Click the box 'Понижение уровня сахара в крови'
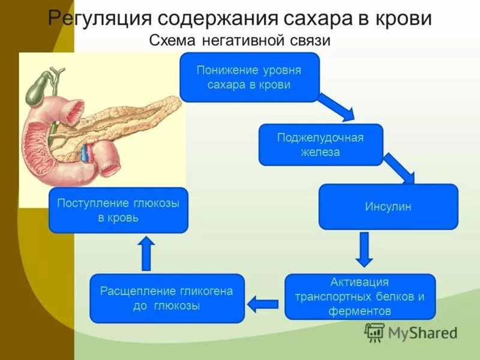click(249, 77)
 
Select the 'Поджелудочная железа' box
click(320, 145)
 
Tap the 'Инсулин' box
click(388, 206)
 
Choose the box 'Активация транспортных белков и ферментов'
click(359, 296)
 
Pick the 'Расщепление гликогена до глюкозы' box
click(167, 298)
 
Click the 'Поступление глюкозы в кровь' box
click(118, 210)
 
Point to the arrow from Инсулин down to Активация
click(364, 249)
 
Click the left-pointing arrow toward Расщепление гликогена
click(262, 304)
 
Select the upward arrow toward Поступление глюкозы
click(146, 253)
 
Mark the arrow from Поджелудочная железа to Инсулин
click(400, 168)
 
